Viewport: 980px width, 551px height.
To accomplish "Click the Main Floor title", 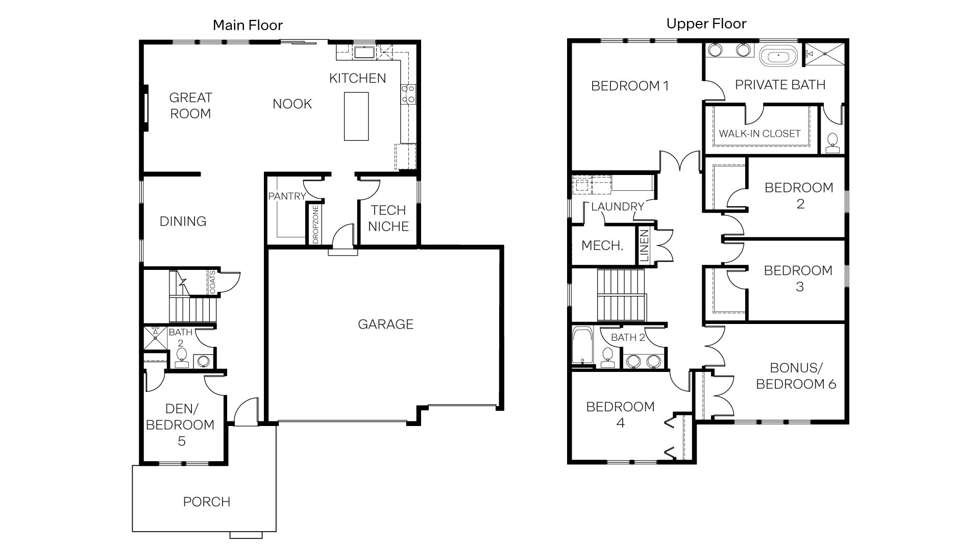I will click(x=248, y=25).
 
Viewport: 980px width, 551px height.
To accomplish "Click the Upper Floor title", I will click(x=706, y=23).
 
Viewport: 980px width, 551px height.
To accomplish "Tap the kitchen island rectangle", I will click(x=356, y=116).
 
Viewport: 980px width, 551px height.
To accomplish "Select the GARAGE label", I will click(x=385, y=324).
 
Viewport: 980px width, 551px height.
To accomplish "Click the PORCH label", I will click(x=207, y=502).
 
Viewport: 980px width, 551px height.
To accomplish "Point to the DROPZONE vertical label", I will click(x=315, y=224).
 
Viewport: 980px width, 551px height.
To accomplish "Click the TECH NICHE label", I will click(x=388, y=218).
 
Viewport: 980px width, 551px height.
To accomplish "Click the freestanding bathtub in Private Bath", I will click(x=778, y=56).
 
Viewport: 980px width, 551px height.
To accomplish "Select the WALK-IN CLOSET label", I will click(x=759, y=134).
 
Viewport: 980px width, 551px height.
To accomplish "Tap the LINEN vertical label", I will click(x=645, y=246).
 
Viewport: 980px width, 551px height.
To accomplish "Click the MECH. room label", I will click(x=602, y=246).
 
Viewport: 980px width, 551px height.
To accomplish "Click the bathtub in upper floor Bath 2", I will click(x=582, y=346).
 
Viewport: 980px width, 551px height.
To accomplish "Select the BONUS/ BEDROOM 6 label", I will click(x=796, y=376).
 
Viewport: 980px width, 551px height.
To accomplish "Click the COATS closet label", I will click(x=212, y=283).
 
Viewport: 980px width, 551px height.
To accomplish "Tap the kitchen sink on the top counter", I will click(x=364, y=52).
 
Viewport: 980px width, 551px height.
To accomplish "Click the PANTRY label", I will click(x=287, y=196).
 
